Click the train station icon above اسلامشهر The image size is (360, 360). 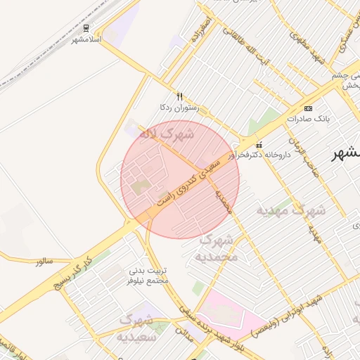(86, 28)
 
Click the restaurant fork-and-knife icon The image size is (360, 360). (180, 97)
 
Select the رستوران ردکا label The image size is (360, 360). (179, 108)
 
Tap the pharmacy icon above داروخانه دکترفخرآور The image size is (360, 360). (259, 144)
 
